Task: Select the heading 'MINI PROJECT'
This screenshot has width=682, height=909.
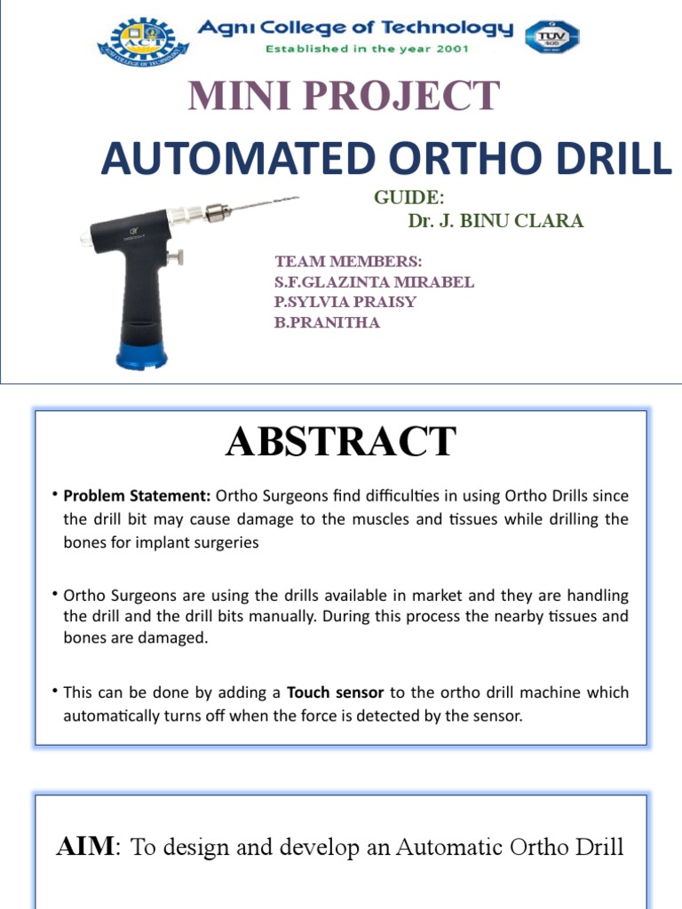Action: [343, 96]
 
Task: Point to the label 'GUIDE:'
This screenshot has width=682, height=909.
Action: [404, 196]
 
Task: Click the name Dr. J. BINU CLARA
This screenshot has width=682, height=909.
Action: [496, 221]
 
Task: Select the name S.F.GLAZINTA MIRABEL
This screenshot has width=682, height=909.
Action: [374, 282]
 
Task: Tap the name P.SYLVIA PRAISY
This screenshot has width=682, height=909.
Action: [345, 302]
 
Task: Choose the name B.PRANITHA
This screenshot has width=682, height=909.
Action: [327, 322]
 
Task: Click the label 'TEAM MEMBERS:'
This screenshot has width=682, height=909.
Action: [348, 262]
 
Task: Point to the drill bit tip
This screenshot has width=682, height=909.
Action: [296, 198]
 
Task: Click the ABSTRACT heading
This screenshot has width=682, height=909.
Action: [341, 441]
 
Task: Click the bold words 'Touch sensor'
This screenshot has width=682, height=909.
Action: [326, 692]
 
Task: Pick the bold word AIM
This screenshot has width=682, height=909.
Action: [85, 847]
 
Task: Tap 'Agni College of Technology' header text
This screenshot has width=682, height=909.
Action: [355, 28]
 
